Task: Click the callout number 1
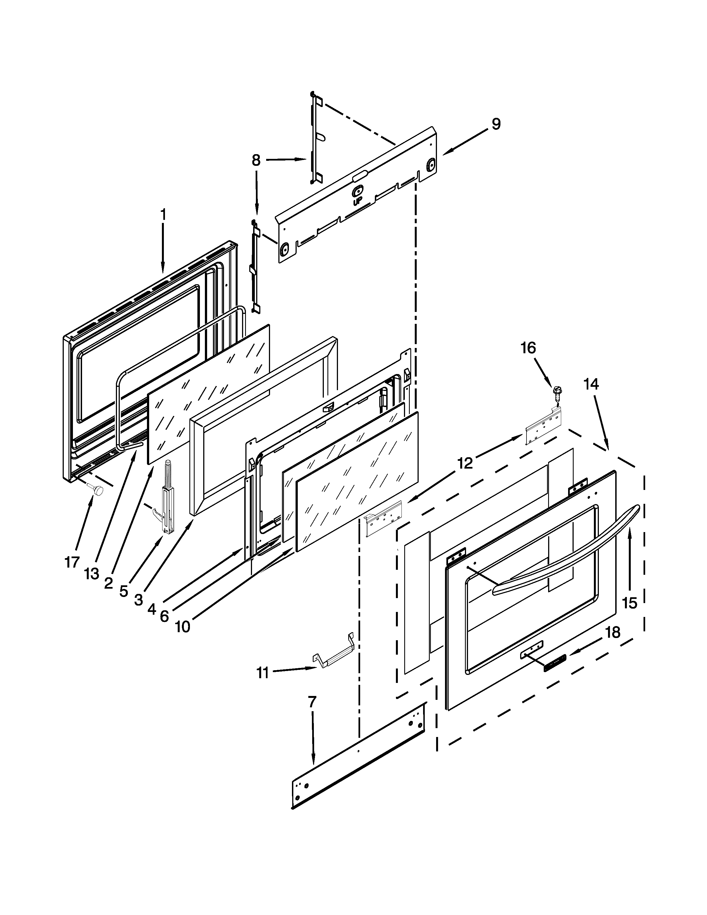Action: click(163, 215)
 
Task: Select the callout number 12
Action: click(465, 463)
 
